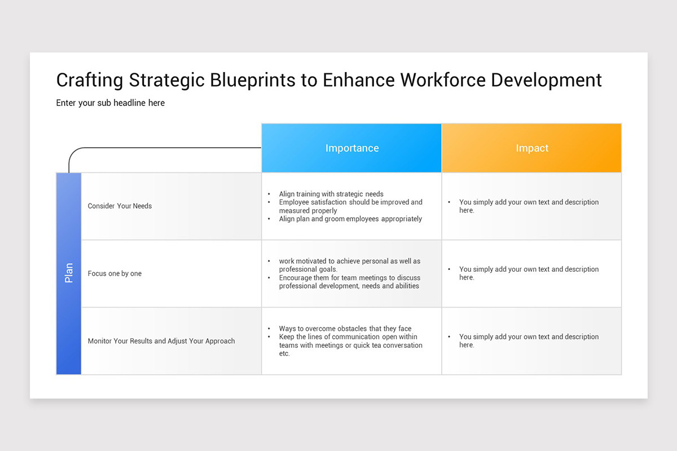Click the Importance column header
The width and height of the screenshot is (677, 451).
pyautogui.click(x=351, y=148)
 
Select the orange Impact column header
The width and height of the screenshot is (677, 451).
pyautogui.click(x=531, y=148)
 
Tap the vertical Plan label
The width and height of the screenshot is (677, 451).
pyautogui.click(x=69, y=273)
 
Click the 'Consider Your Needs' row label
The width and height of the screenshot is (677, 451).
pyautogui.click(x=120, y=206)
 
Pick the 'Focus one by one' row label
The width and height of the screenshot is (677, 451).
pyautogui.click(x=115, y=273)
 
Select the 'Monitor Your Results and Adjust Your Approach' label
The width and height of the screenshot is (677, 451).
pyautogui.click(x=161, y=341)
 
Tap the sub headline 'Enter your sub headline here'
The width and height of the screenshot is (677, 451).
pyautogui.click(x=111, y=103)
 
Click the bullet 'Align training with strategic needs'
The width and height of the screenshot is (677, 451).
pyautogui.click(x=331, y=194)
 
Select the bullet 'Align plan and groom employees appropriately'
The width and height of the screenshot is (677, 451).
pyautogui.click(x=350, y=219)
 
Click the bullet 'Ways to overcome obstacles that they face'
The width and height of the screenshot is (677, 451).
pyautogui.click(x=345, y=329)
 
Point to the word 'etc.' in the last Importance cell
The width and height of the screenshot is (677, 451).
pyautogui.click(x=284, y=353)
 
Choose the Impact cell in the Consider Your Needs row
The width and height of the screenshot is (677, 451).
pyautogui.click(x=529, y=206)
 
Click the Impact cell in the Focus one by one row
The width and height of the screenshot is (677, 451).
pyautogui.click(x=529, y=273)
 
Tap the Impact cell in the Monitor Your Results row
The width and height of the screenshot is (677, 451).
pyautogui.click(x=529, y=341)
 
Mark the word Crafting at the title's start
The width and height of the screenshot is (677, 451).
pyautogui.click(x=90, y=80)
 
